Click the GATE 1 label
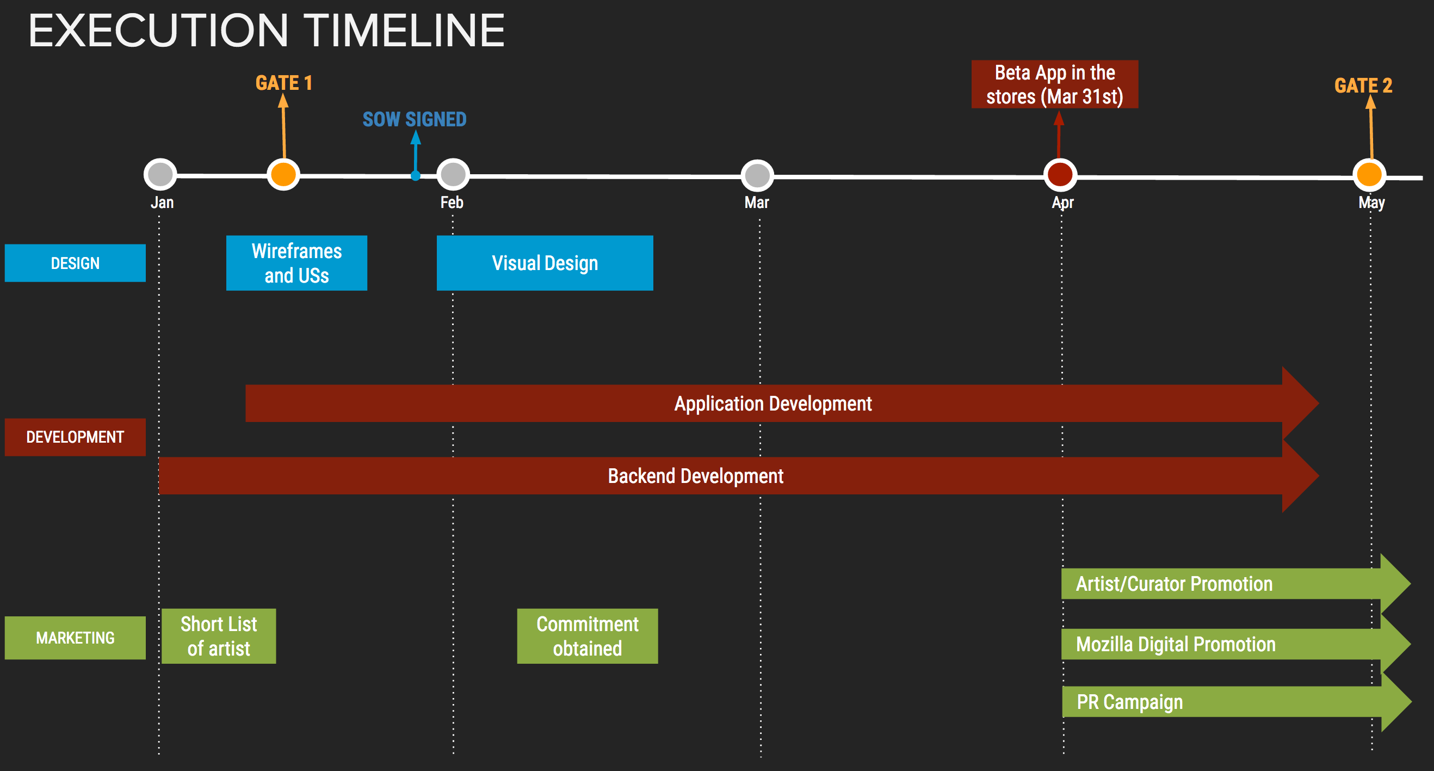(x=284, y=83)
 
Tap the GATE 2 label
(x=1363, y=85)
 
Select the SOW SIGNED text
(x=415, y=119)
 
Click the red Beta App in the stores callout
(x=1054, y=84)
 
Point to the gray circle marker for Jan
(x=160, y=174)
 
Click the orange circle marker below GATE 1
(x=283, y=174)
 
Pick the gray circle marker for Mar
(x=757, y=176)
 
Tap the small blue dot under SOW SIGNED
(x=415, y=176)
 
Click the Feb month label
(x=452, y=202)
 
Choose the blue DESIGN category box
(x=75, y=263)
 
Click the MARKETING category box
(x=75, y=638)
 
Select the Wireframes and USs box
(x=296, y=263)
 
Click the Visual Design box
(x=545, y=263)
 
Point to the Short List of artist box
(x=219, y=636)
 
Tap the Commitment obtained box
(x=588, y=636)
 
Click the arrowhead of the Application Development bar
(x=1300, y=403)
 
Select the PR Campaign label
(x=1129, y=702)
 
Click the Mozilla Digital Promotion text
(x=1176, y=644)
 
